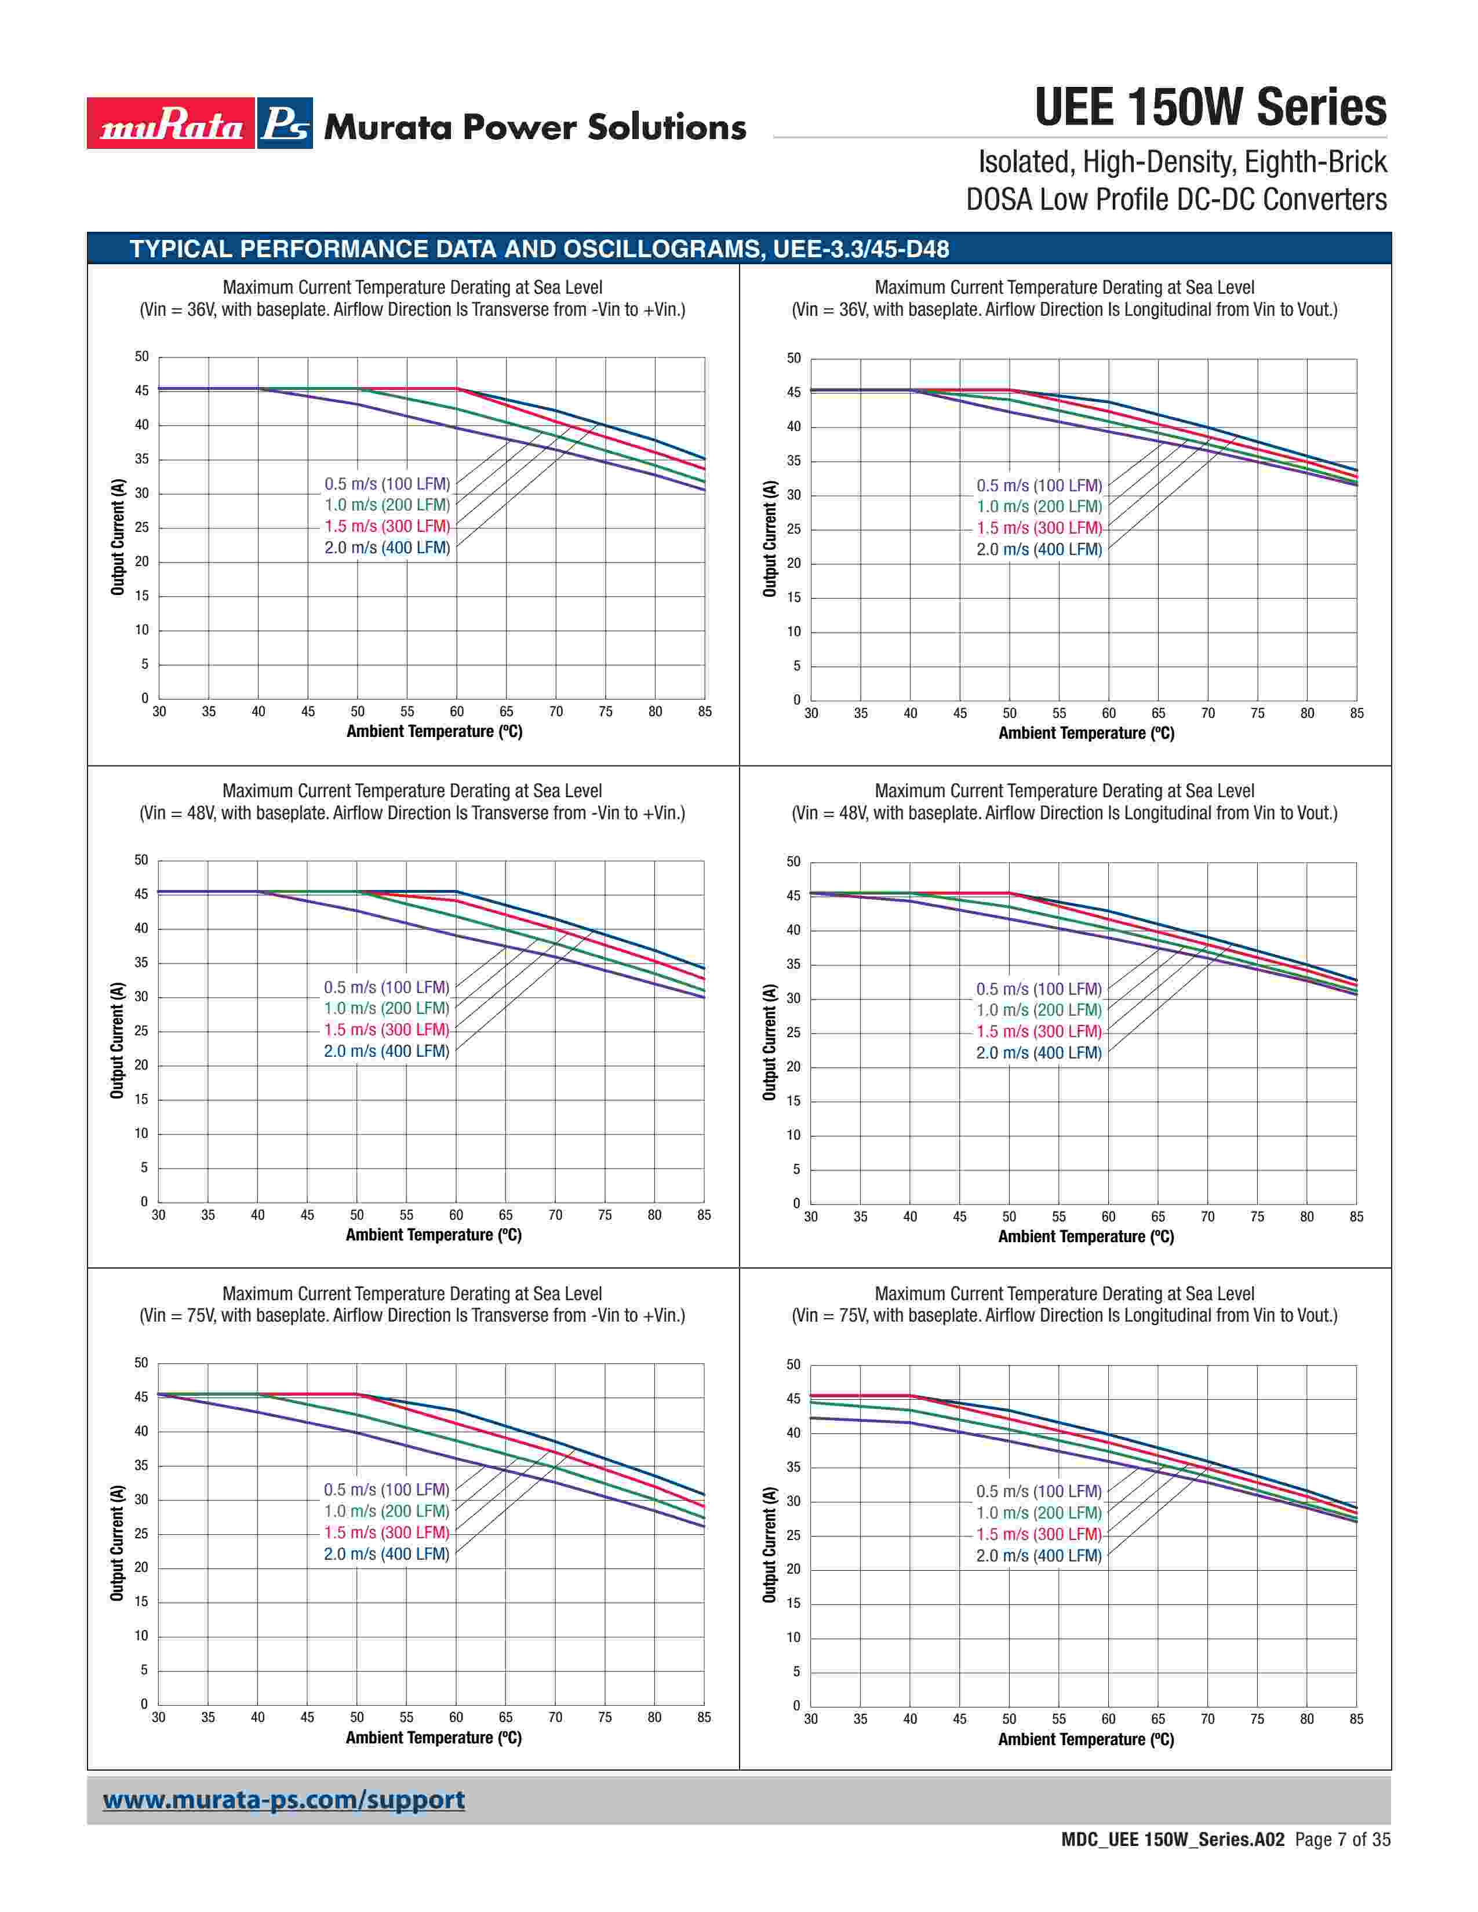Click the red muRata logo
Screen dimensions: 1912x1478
(x=171, y=123)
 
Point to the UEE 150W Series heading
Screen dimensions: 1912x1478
(x=1210, y=108)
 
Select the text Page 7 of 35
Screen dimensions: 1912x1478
(x=1342, y=1840)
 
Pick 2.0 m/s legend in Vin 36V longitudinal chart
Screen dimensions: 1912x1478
(x=1039, y=550)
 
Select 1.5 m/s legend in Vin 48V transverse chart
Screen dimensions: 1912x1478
(x=386, y=1030)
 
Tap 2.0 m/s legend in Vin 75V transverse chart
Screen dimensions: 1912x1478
(x=386, y=1554)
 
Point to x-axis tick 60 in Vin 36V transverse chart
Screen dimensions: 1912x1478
(x=457, y=711)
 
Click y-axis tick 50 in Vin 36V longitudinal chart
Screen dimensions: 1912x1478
(x=793, y=358)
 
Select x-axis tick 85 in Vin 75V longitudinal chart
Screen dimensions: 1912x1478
(x=1356, y=1720)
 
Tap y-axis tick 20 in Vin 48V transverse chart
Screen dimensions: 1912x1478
(x=141, y=1066)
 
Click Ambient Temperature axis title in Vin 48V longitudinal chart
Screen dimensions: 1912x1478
(x=1086, y=1236)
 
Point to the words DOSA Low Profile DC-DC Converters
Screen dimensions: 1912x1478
(x=1176, y=200)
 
